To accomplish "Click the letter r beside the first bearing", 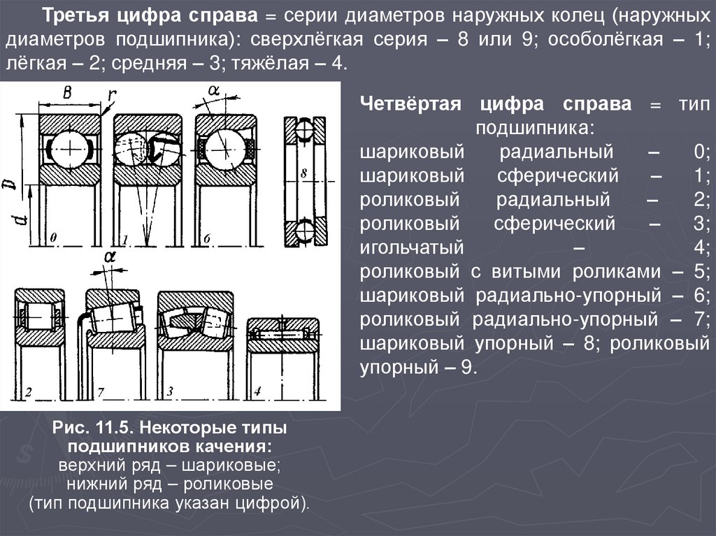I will click(x=111, y=96).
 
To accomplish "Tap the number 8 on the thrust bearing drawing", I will click(x=303, y=172).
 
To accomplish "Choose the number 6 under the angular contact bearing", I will click(x=207, y=240).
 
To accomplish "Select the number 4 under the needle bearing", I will click(x=257, y=391).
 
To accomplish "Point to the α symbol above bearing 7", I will click(x=108, y=257).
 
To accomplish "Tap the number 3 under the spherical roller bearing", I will click(x=170, y=391).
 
